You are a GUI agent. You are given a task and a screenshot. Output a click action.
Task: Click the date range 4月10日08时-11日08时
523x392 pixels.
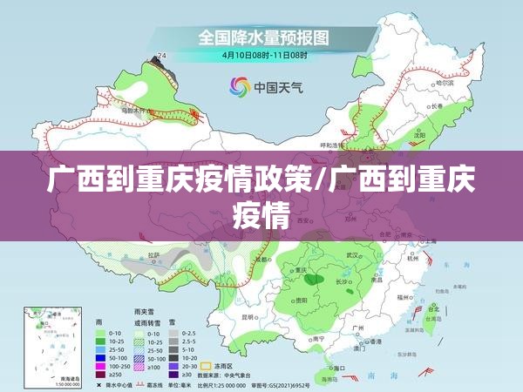tap(263, 55)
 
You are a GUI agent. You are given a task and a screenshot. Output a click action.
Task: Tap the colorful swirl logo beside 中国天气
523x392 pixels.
tap(238, 85)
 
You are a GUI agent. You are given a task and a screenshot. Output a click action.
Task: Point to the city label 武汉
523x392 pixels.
tap(352, 256)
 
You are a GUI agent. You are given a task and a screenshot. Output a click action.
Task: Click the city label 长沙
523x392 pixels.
tap(343, 283)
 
